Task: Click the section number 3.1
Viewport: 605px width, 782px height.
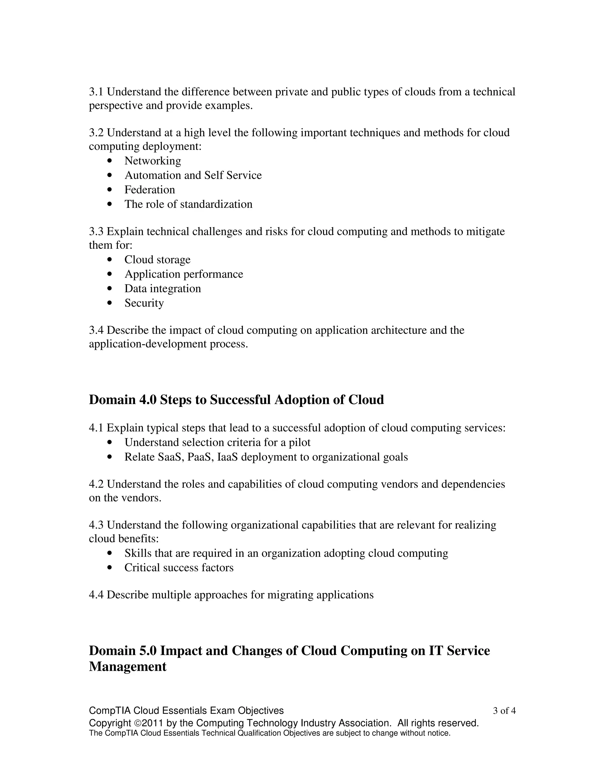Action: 96,92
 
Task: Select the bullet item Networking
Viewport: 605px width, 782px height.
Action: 153,161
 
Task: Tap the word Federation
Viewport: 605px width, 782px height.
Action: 149,190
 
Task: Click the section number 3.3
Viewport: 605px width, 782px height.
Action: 96,232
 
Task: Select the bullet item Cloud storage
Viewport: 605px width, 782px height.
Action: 157,260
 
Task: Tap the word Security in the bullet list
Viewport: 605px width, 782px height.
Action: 144,303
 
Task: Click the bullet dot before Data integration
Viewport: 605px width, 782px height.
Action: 110,289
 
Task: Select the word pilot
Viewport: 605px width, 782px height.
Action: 300,443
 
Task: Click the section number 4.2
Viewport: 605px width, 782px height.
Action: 96,484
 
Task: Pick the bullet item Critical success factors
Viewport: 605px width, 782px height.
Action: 179,568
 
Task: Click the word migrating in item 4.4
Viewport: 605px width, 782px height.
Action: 290,595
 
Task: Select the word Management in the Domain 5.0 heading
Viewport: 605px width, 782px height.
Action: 128,666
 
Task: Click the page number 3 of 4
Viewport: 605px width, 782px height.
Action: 504,711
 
